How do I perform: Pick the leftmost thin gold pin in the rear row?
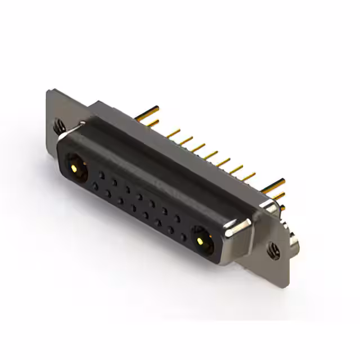pyautogui.click(x=170, y=133)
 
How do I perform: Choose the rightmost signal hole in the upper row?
pyautogui.click(x=179, y=219)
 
